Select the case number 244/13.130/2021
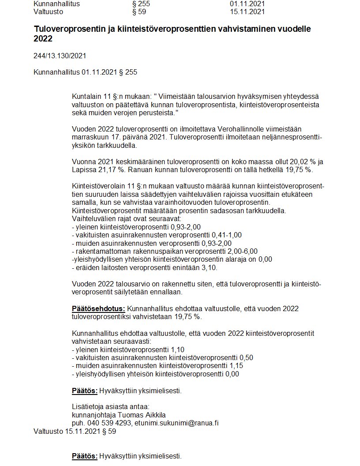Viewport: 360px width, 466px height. (x=60, y=56)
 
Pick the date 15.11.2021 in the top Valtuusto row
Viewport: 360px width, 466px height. (x=247, y=11)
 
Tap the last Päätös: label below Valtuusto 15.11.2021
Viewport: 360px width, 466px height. (x=85, y=456)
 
